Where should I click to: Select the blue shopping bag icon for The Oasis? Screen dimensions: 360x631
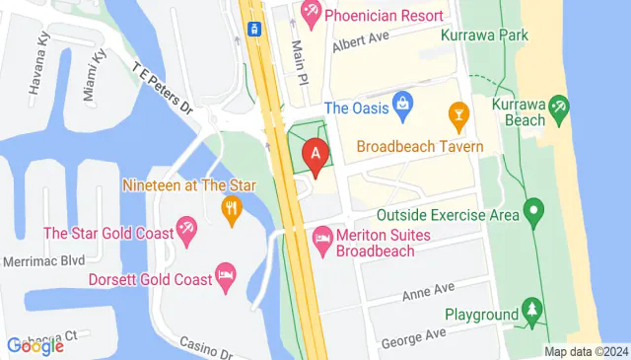click(x=403, y=103)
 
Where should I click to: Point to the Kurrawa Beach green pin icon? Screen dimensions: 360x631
click(x=560, y=106)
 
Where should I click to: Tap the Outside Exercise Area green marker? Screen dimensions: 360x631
click(x=533, y=210)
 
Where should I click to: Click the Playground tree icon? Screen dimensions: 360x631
click(x=533, y=313)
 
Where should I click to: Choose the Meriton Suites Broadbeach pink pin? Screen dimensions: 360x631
click(x=322, y=238)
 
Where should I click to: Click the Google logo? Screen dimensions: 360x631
click(x=35, y=345)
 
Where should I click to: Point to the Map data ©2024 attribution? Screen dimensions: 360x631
click(x=587, y=351)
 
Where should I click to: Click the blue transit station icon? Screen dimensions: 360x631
click(x=253, y=29)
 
